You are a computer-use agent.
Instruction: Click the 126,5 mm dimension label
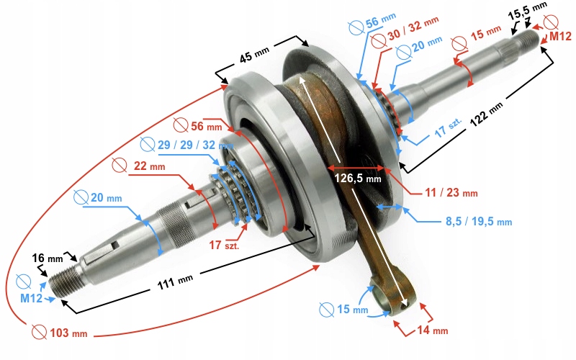click(x=356, y=177)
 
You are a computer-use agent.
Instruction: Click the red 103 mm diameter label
click(x=68, y=333)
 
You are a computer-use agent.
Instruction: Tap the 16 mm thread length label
click(x=48, y=257)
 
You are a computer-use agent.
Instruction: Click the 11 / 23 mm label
click(x=451, y=193)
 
